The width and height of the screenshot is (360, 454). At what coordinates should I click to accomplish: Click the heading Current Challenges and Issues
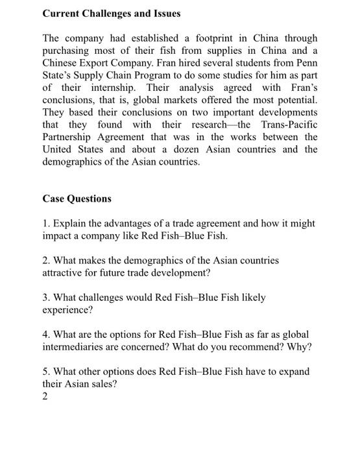click(112, 13)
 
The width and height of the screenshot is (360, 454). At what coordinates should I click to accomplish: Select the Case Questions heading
click(77, 198)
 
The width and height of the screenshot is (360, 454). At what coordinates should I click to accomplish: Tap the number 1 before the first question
click(45, 223)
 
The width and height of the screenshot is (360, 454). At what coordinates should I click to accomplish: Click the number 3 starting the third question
click(45, 297)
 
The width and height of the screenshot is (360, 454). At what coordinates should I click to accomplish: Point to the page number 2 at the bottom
click(45, 397)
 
